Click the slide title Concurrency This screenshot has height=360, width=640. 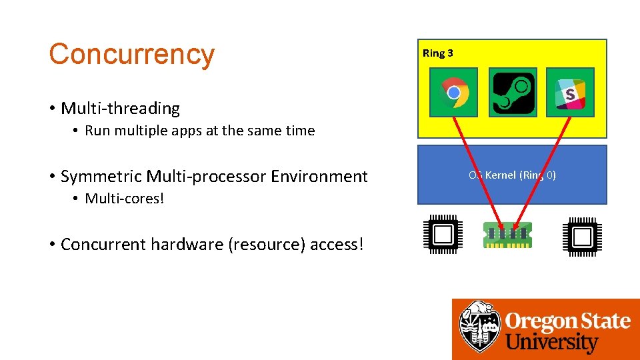click(131, 54)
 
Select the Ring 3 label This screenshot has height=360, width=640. click(437, 53)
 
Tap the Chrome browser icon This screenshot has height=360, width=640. click(453, 92)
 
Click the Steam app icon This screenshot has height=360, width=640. click(513, 92)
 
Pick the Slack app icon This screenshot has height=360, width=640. click(570, 92)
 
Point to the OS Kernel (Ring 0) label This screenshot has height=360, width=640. click(512, 175)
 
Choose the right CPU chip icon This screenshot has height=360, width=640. click(582, 235)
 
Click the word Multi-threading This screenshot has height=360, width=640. click(120, 108)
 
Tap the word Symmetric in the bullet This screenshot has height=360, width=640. click(101, 177)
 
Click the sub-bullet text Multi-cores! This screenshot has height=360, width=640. click(124, 199)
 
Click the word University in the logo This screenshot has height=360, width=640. click(552, 343)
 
